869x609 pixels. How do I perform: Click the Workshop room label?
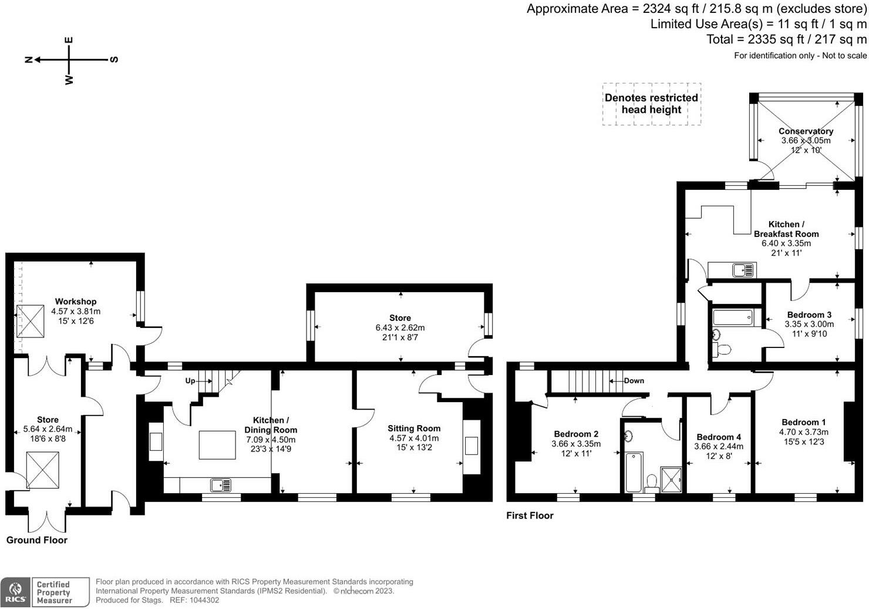click(76, 302)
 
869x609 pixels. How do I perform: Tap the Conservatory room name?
click(806, 131)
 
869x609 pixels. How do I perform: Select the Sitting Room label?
click(414, 429)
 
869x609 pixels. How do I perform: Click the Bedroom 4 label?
click(719, 437)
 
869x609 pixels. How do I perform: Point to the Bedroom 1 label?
click(803, 422)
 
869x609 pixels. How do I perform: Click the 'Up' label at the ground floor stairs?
click(190, 381)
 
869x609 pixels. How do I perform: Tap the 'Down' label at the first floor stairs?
click(634, 381)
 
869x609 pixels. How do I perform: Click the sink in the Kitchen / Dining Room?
click(221, 485)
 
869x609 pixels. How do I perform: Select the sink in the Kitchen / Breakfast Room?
click(743, 270)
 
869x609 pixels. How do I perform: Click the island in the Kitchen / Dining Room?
click(217, 445)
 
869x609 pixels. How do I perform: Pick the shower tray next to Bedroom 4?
click(671, 480)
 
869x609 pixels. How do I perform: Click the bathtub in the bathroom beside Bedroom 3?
click(732, 317)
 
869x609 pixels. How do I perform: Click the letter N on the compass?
click(28, 59)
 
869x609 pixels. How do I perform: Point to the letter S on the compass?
click(114, 59)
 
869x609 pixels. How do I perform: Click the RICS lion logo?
click(16, 592)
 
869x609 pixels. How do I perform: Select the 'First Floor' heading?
click(530, 516)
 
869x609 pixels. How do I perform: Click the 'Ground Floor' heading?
click(37, 540)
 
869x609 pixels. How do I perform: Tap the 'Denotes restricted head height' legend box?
click(651, 103)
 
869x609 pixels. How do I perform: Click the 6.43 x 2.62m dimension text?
click(400, 328)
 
